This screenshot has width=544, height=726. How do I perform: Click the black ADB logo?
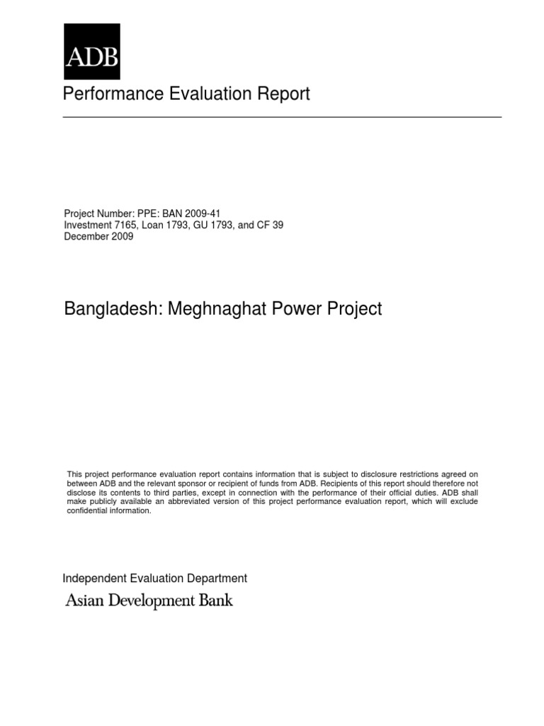point(92,51)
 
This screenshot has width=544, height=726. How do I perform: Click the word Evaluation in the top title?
point(201,94)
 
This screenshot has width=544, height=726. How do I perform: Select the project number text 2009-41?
point(206,213)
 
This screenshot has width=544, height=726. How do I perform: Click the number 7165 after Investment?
point(124,225)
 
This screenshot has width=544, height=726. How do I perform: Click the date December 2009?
point(98,237)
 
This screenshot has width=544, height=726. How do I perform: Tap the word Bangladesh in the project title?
point(112,309)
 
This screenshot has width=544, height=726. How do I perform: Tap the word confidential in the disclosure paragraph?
point(88,511)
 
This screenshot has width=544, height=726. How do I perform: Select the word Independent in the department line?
point(91,579)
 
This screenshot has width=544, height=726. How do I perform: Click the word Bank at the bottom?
point(217,601)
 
